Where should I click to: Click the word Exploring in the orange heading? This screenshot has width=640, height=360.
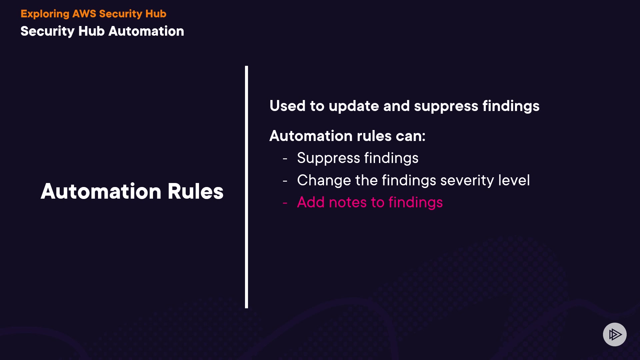coord(45,14)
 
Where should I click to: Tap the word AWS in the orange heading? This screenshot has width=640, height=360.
coord(84,14)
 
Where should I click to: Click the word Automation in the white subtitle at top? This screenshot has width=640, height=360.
coord(146,31)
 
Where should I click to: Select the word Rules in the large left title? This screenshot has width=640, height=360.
coord(195,191)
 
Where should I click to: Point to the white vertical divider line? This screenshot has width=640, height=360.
coord(247,187)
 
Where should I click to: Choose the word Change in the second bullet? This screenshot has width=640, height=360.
coord(324,181)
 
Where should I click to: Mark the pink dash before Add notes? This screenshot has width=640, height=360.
coord(285,203)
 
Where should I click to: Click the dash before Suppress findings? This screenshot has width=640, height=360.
coord(285,159)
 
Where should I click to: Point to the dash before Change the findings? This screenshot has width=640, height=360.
coord(285,181)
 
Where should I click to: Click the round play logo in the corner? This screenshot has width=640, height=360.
coord(615,334)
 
